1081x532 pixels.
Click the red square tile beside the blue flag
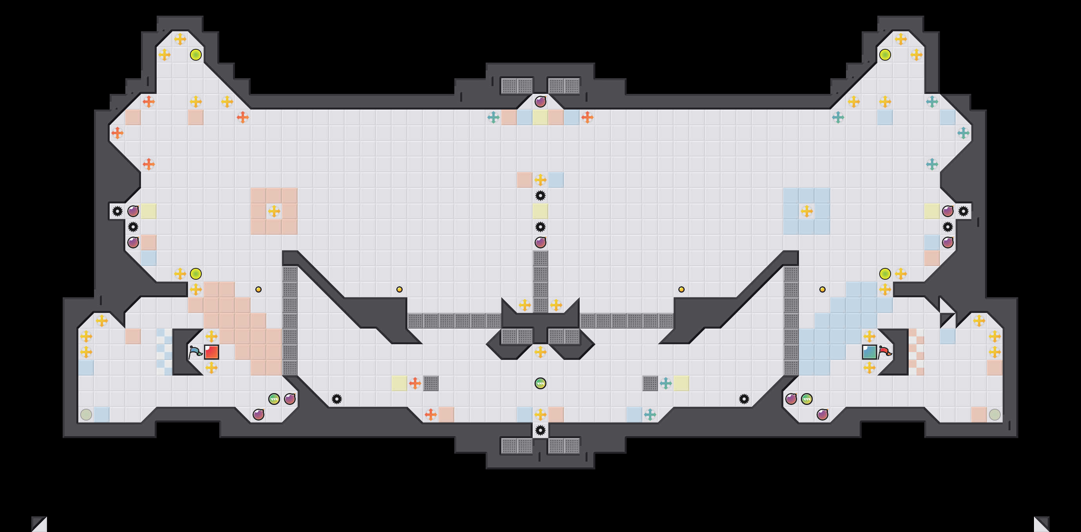[x=211, y=352]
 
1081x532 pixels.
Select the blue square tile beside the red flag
[x=869, y=352]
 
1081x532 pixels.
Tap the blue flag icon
[x=195, y=352]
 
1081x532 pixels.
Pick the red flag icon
[x=885, y=352]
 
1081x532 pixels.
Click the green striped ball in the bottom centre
[x=540, y=383]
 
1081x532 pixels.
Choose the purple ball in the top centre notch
[x=540, y=101]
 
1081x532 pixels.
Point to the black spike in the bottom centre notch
[x=540, y=430]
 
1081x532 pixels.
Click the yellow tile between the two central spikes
[x=540, y=211]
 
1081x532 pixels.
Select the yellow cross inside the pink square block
[x=274, y=211]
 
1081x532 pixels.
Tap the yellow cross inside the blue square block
[x=806, y=211]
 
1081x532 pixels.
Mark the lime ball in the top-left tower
[x=195, y=54]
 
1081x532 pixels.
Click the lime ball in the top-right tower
[x=885, y=54]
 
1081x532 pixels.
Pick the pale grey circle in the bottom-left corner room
[x=86, y=415]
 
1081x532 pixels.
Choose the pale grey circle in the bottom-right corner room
[x=994, y=415]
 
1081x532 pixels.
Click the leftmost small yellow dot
[x=258, y=289]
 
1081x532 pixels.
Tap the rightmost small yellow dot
[x=822, y=289]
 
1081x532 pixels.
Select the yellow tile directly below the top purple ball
[x=540, y=117]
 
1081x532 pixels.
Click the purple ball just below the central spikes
[x=540, y=242]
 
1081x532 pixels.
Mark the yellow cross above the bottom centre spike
[x=540, y=415]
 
